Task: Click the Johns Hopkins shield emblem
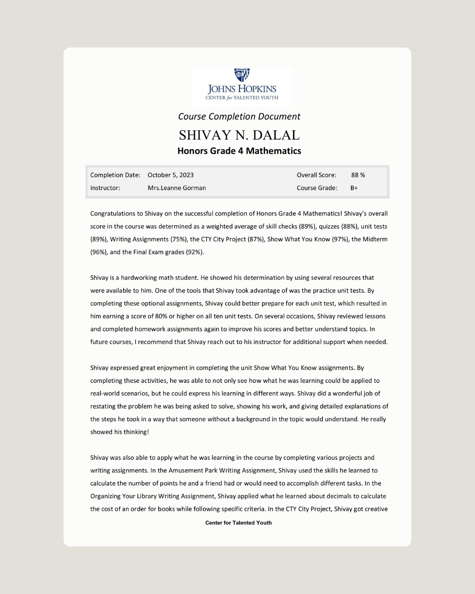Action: [x=241, y=75]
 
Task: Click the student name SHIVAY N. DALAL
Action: [x=239, y=135]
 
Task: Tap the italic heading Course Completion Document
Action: [x=239, y=117]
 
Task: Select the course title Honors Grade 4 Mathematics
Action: [x=239, y=151]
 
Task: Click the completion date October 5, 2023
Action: [x=171, y=175]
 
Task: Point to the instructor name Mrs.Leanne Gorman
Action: [x=177, y=188]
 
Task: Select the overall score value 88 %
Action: [x=358, y=175]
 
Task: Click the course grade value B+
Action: [x=354, y=188]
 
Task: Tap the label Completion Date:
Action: [x=115, y=175]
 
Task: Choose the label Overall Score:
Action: [x=316, y=175]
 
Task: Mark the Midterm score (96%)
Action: [x=98, y=252]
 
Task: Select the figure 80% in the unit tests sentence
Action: [x=161, y=316]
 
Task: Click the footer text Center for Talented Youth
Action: [x=238, y=523]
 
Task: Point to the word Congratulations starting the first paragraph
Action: [x=113, y=213]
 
